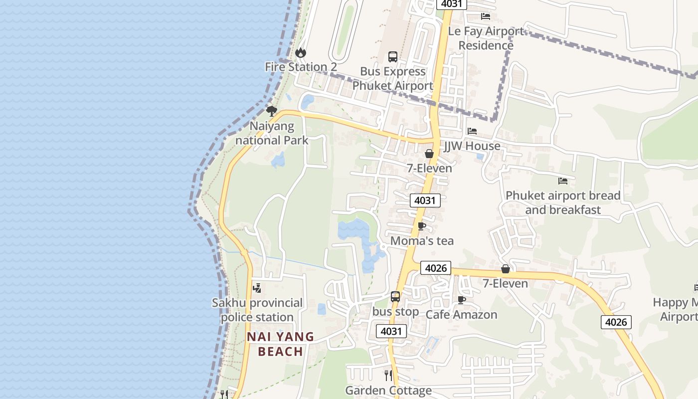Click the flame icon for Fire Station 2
pyautogui.click(x=300, y=52)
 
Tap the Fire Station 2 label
pyautogui.click(x=301, y=67)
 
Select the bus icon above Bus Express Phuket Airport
pyautogui.click(x=393, y=57)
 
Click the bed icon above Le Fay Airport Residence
pyautogui.click(x=486, y=16)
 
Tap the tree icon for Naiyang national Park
pyautogui.click(x=271, y=111)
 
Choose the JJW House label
pyautogui.click(x=472, y=146)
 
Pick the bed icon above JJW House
pyautogui.click(x=472, y=131)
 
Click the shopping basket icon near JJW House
pyautogui.click(x=429, y=154)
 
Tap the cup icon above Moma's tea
pyautogui.click(x=422, y=226)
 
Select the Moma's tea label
pyautogui.click(x=422, y=241)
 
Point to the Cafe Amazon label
pyautogui.click(x=461, y=315)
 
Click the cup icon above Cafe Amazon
pyautogui.click(x=462, y=300)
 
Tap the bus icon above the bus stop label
pyautogui.click(x=395, y=297)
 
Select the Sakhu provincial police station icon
pyautogui.click(x=257, y=288)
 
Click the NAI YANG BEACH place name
pyautogui.click(x=281, y=344)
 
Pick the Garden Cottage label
pyautogui.click(x=388, y=391)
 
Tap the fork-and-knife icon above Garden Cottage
pyautogui.click(x=388, y=375)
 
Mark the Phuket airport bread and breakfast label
pyautogui.click(x=563, y=202)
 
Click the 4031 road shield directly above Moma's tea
pyautogui.click(x=425, y=200)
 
